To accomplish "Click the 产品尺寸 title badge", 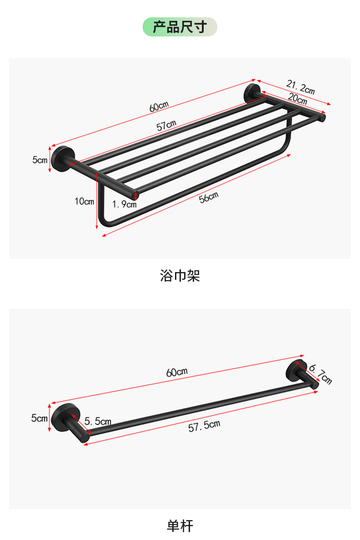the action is tap(180, 27).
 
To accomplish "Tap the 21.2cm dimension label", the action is tap(301, 87).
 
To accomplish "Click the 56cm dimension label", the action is tap(209, 198).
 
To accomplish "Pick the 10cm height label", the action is tap(84, 201).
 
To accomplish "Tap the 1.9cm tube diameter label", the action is tap(124, 205).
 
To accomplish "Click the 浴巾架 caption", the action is tap(180, 276).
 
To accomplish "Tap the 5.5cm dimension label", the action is tap(98, 422).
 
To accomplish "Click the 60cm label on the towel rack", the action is tap(159, 106).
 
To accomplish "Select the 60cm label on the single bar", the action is tap(177, 372).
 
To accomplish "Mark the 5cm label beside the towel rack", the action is tap(40, 159).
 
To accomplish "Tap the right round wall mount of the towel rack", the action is tap(251, 93).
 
